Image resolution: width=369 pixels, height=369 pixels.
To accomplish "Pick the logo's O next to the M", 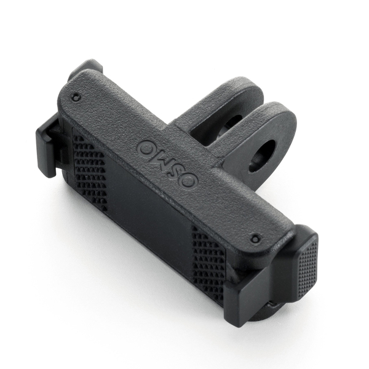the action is click(146, 148).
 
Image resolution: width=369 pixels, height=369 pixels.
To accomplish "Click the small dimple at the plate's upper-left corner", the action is click(76, 97).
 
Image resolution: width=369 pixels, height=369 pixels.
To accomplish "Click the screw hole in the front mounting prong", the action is click(262, 156).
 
